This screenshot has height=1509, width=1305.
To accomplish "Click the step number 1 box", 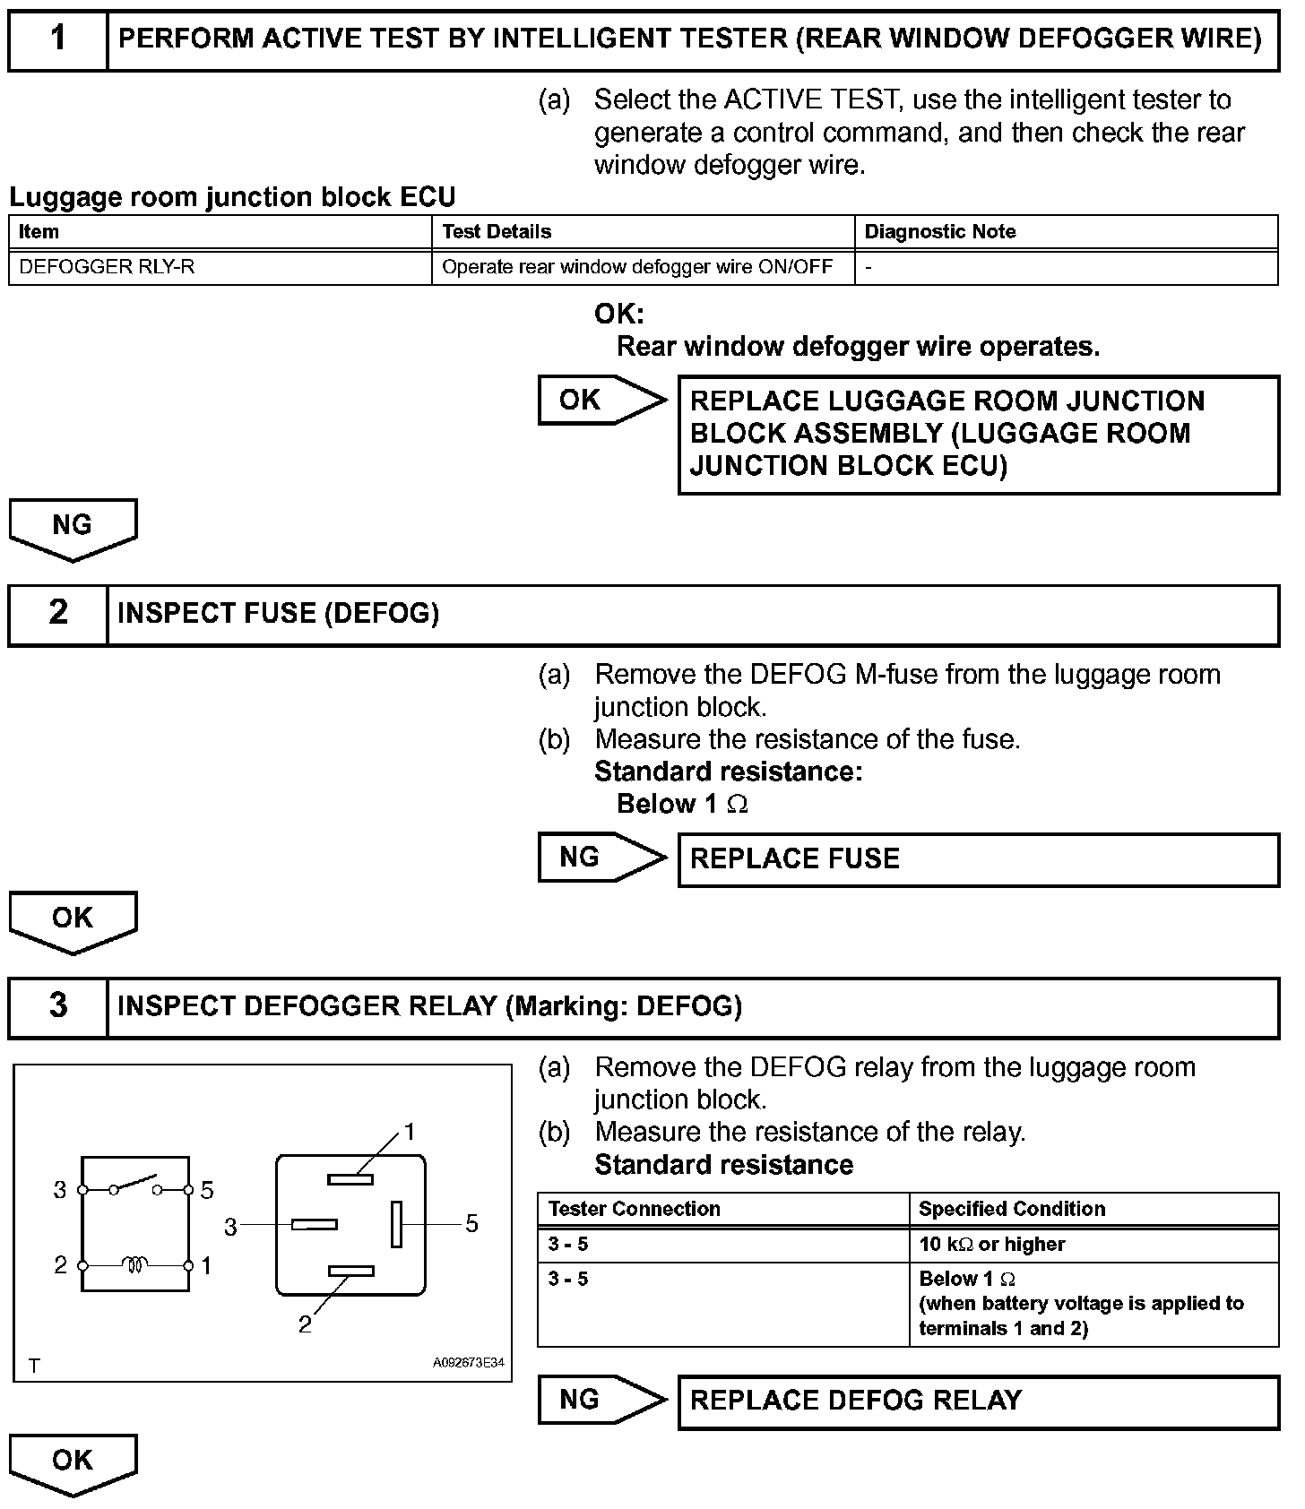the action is pyautogui.click(x=58, y=39).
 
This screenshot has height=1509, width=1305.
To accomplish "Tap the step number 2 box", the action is pyautogui.click(x=58, y=615).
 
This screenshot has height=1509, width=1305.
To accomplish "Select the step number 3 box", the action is pyautogui.click(x=58, y=1007).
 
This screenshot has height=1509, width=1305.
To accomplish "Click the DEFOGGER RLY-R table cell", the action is pyautogui.click(x=220, y=267).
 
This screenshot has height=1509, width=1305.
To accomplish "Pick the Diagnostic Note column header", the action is pyautogui.click(x=1067, y=232).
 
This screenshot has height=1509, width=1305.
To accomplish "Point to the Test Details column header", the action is pyautogui.click(x=644, y=232).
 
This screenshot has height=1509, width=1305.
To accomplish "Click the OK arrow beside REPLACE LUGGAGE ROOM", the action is pyautogui.click(x=603, y=401).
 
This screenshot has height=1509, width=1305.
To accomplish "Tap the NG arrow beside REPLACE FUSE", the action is pyautogui.click(x=603, y=858).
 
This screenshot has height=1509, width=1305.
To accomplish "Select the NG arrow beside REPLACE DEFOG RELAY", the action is pyautogui.click(x=603, y=1400).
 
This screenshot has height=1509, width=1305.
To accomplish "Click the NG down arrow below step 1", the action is pyautogui.click(x=73, y=530).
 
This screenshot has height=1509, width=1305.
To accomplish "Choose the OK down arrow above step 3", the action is pyautogui.click(x=73, y=922).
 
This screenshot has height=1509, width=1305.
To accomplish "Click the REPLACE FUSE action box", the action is pyautogui.click(x=979, y=859).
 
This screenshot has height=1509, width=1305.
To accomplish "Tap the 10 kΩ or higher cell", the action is pyautogui.click(x=1094, y=1245).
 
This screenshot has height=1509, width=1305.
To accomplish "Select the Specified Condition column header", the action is pyautogui.click(x=1094, y=1210).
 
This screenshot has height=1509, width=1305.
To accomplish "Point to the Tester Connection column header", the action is pyautogui.click(x=723, y=1210).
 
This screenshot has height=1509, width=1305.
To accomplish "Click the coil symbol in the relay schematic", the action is pyautogui.click(x=135, y=1265).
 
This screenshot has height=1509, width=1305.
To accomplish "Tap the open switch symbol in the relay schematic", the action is pyautogui.click(x=135, y=1185).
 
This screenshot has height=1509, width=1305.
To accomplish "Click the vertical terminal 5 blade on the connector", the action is pyautogui.click(x=396, y=1224).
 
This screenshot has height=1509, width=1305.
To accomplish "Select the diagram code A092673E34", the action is pyautogui.click(x=468, y=1363).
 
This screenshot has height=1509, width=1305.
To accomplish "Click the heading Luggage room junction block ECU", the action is pyautogui.click(x=232, y=197).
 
